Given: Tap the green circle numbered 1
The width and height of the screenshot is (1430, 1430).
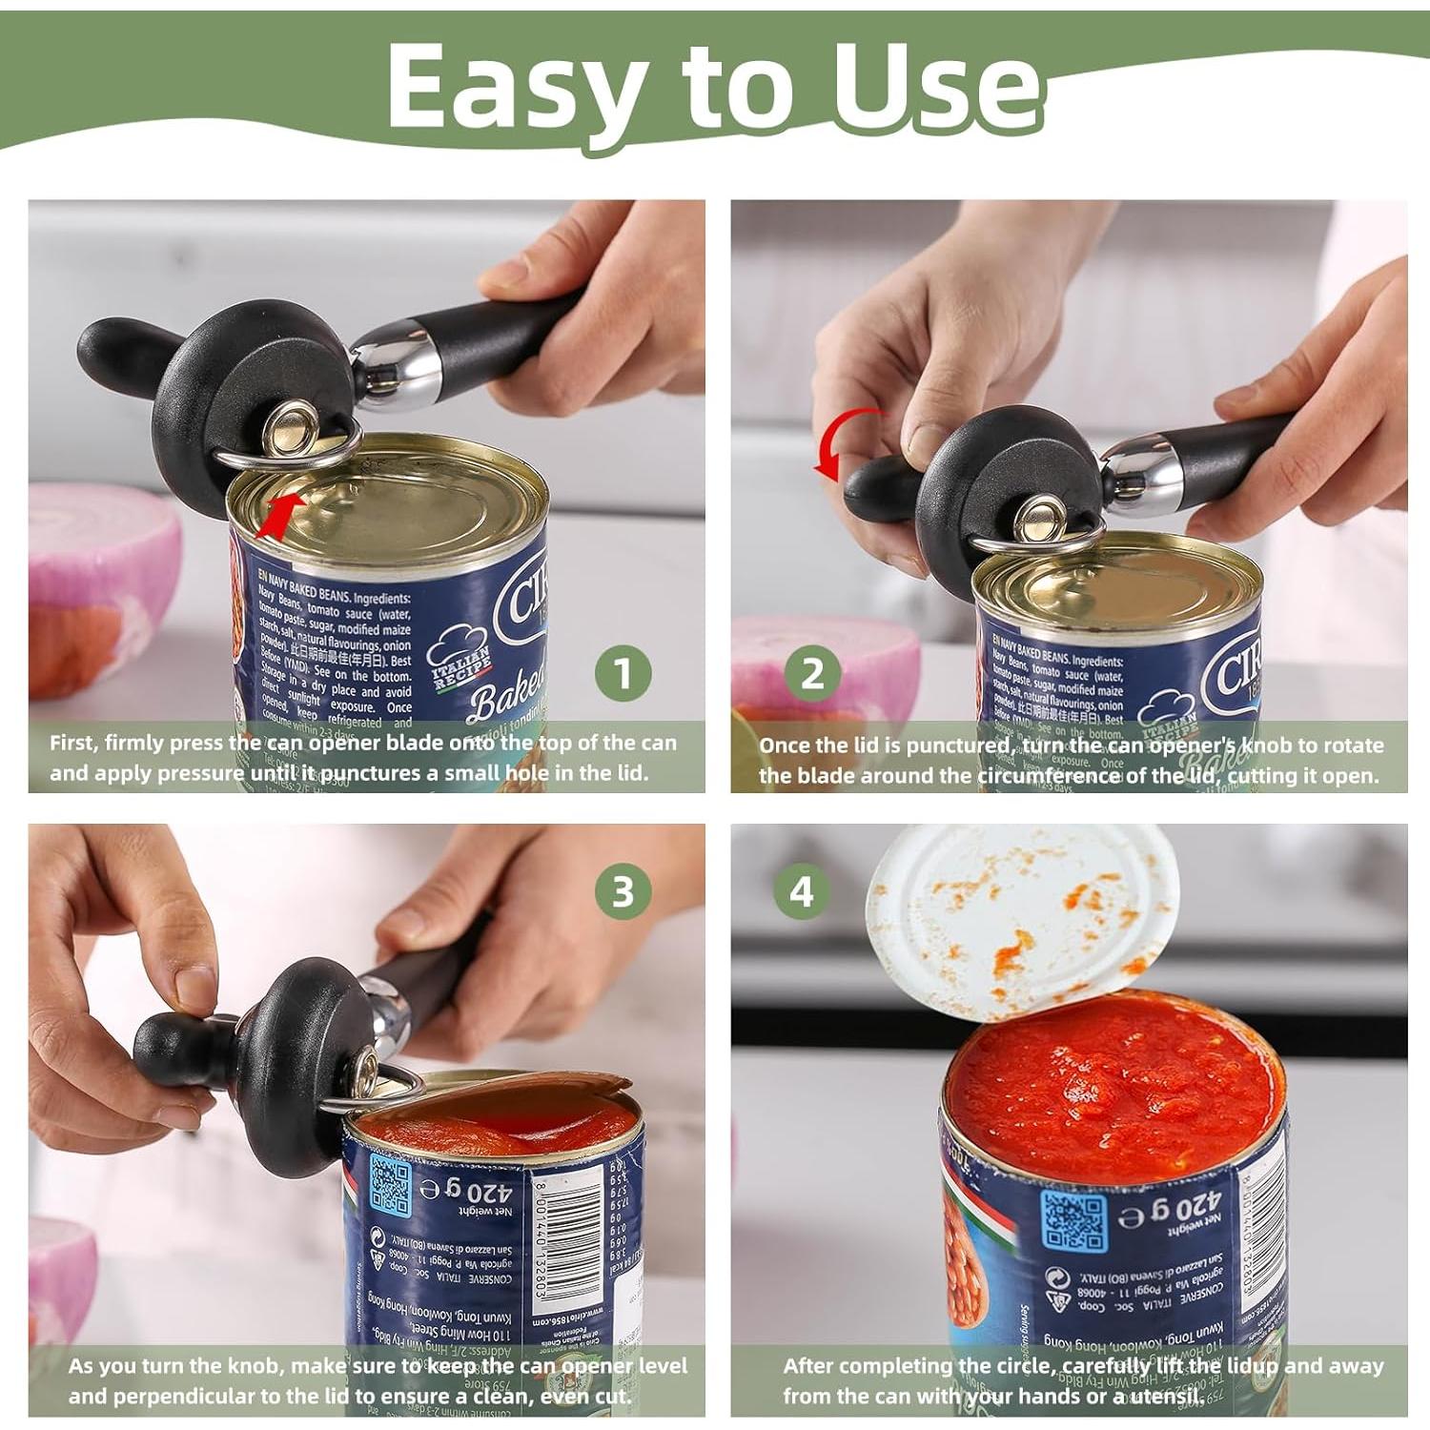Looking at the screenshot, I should point(623,674).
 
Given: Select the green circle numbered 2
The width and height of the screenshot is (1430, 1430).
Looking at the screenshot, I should point(811,674).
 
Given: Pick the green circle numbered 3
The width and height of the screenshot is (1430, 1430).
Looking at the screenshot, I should point(623,892).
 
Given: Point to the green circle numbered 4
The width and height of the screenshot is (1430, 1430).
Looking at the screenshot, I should point(801,892).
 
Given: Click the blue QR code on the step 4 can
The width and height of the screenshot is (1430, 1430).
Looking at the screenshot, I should point(1073,1220).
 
